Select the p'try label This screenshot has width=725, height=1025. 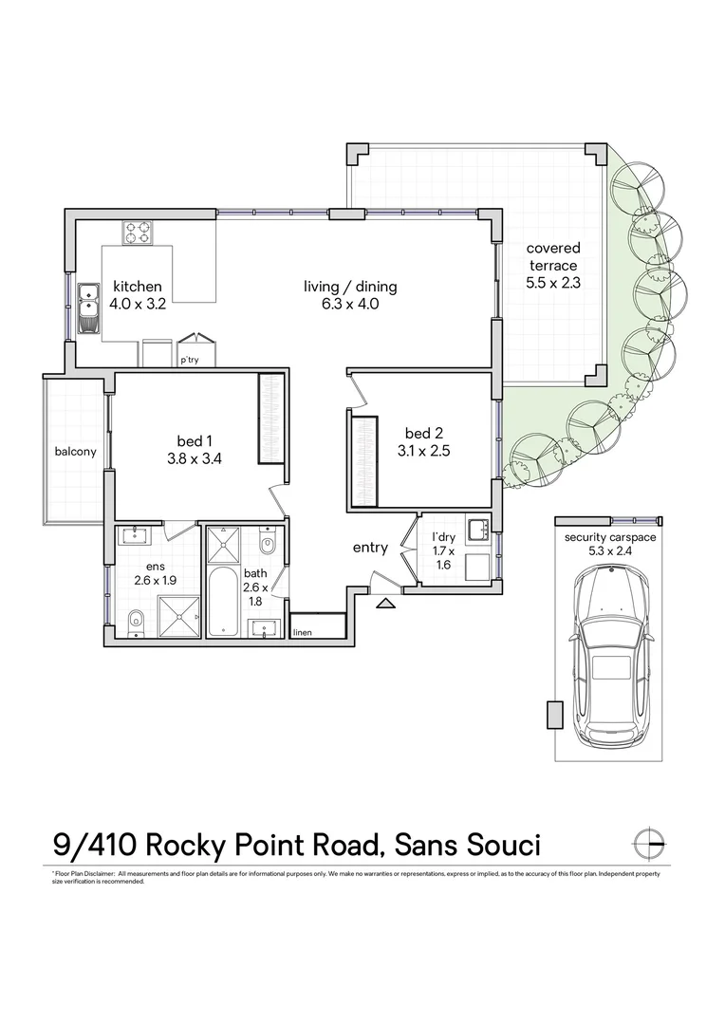point(190,361)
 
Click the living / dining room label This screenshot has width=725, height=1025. point(350,286)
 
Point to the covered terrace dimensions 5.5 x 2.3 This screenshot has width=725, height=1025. point(553,282)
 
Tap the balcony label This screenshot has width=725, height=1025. point(75,452)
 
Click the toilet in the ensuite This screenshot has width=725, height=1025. point(135,621)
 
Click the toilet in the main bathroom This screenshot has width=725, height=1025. point(267,546)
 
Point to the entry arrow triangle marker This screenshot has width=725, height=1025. point(385,602)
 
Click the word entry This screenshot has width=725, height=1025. point(370,548)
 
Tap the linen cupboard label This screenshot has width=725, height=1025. point(303,632)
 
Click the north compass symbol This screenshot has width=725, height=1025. point(651,842)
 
